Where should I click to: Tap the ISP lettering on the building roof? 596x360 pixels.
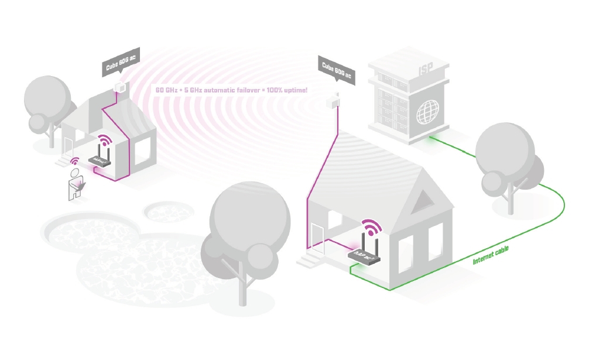click(426, 70)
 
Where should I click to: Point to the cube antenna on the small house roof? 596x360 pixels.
click(120, 87)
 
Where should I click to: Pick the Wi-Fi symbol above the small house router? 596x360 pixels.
click(104, 142)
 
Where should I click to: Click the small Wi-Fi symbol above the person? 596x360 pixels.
click(74, 161)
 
